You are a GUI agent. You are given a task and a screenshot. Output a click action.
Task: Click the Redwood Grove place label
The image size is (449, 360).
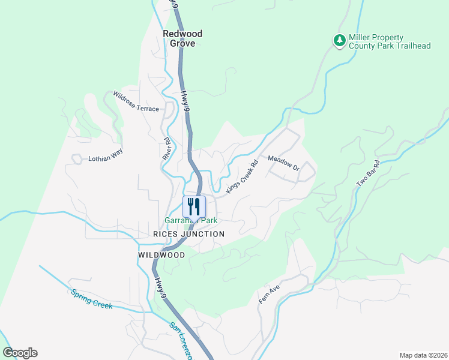pos(182,39)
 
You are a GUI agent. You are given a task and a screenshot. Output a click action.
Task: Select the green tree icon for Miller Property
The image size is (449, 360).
pos(340,40)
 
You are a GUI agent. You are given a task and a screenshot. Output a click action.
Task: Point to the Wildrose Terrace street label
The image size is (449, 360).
pos(136,101)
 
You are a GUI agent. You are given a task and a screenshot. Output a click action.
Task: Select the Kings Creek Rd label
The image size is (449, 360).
pos(242,176)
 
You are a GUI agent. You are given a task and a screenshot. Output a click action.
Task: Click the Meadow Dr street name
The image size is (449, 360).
pos(283,163)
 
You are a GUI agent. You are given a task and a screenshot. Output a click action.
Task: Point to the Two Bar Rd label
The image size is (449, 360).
pos(368,173)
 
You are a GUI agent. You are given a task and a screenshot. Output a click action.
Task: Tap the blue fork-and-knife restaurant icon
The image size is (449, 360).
pos(194,206)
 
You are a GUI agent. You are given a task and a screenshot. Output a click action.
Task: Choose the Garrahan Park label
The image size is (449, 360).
pos(191,220)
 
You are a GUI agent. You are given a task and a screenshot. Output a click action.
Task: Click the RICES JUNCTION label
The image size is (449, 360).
pos(188,234)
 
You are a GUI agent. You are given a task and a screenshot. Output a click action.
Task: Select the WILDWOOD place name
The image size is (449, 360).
pos(161,255)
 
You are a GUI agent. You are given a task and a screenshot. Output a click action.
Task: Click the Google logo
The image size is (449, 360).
pos(20,353)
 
